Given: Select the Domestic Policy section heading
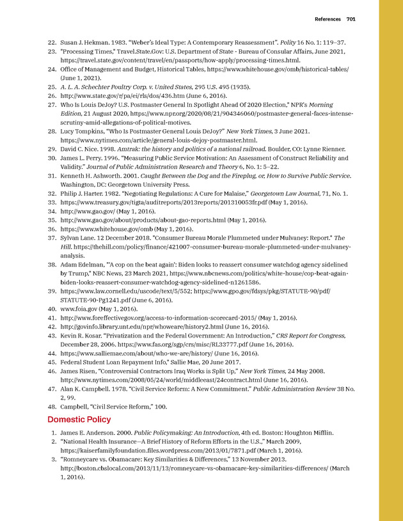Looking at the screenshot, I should click(x=80, y=419).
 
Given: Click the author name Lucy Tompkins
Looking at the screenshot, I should click(x=86, y=130).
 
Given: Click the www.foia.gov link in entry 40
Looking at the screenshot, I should click(x=83, y=308).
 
